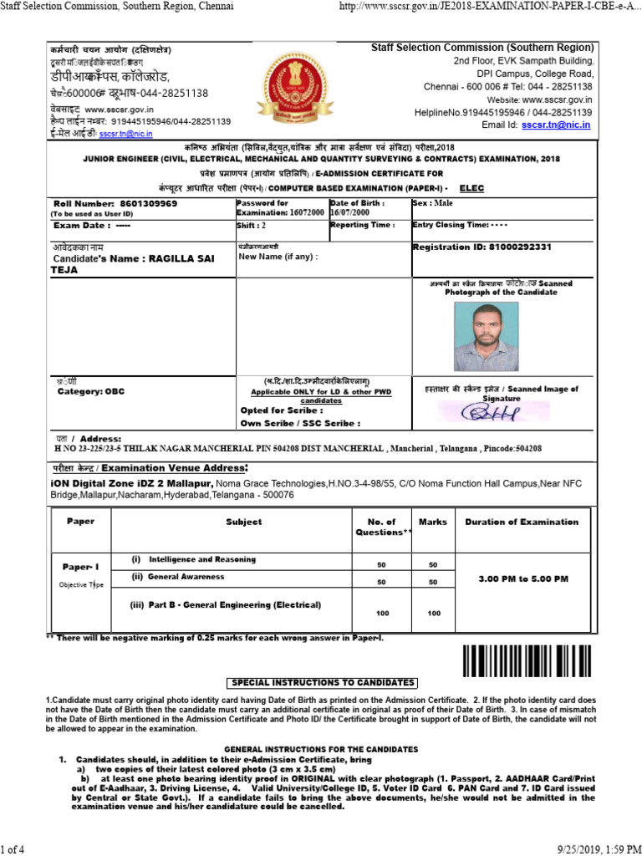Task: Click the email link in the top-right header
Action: (556, 125)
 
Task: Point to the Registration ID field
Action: (483, 247)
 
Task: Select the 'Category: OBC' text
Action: (90, 391)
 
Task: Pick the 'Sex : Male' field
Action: (433, 203)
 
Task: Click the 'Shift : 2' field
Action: (252, 226)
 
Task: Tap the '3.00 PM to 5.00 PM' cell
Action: (522, 578)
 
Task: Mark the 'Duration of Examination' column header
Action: (522, 522)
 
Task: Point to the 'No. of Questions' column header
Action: (385, 527)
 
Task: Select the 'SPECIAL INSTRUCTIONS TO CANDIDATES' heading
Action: (322, 683)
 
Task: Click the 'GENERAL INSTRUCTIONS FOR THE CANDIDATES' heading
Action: (322, 748)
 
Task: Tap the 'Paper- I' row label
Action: (79, 567)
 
